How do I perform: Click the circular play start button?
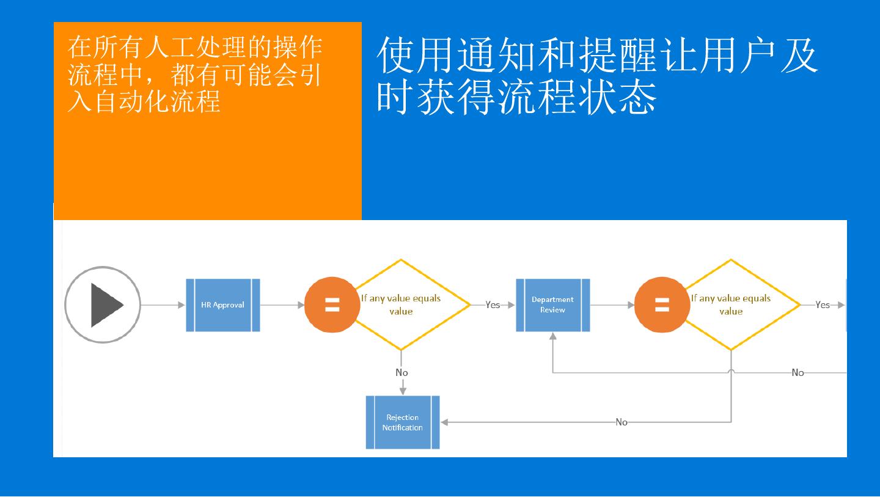click(x=103, y=304)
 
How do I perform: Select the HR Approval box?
click(x=223, y=305)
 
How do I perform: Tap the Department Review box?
click(x=552, y=305)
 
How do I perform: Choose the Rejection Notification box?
click(x=403, y=422)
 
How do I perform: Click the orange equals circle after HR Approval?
click(x=332, y=304)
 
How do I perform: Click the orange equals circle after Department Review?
click(x=662, y=304)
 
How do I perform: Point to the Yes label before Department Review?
click(x=493, y=305)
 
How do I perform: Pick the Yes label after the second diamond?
click(x=823, y=305)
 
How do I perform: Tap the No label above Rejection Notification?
click(x=402, y=372)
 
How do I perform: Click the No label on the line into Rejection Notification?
click(x=621, y=422)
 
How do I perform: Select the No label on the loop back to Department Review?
click(x=798, y=372)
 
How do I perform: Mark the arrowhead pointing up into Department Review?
click(x=552, y=336)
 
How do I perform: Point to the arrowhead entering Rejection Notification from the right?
click(x=444, y=422)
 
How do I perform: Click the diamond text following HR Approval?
click(x=401, y=305)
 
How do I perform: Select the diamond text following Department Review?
click(x=731, y=305)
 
